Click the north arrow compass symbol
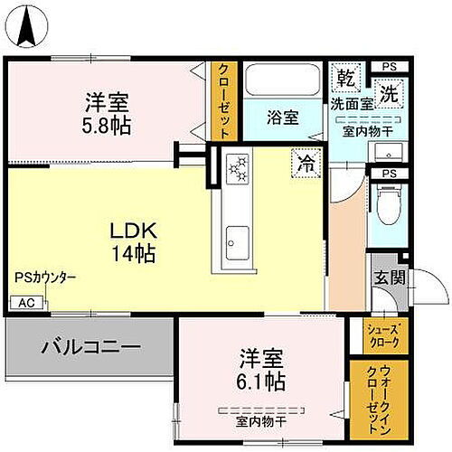(27, 24)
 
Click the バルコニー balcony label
(89, 346)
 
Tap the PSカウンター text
(45, 278)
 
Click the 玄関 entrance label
(385, 278)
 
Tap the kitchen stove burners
(238, 167)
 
